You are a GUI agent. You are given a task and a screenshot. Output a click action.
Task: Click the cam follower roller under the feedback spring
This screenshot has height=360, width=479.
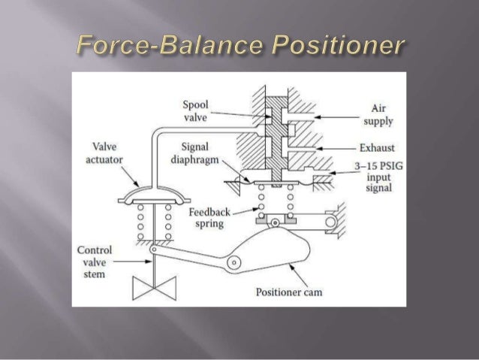click(276, 222)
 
